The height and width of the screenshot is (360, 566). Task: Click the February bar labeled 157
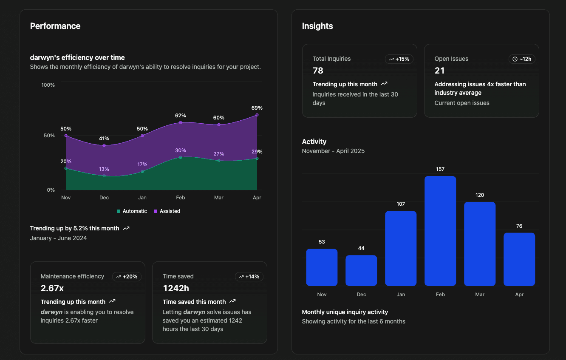coord(440,231)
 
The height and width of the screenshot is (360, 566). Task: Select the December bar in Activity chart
coord(361,270)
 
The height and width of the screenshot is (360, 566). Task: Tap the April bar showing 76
coord(519,259)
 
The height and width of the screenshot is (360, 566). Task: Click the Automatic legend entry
coord(132,211)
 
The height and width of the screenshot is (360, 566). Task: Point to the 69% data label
coord(257,108)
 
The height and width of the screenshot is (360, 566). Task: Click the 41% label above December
coord(104,139)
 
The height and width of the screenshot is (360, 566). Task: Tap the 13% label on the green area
coord(104,169)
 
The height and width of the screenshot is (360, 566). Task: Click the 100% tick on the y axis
coord(48,85)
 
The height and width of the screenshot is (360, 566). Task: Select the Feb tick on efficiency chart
coord(181,198)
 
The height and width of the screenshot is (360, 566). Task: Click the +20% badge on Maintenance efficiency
coord(127,277)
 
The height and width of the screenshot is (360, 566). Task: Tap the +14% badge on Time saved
coord(249,277)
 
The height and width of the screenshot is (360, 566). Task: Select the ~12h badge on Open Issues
coord(522,59)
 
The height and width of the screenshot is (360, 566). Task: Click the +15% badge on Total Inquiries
coord(399,59)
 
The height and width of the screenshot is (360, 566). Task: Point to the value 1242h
coord(176,288)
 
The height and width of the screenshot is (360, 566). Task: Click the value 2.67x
coord(52,288)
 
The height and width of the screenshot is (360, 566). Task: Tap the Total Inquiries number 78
coord(318,71)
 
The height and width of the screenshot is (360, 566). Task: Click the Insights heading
coord(317,26)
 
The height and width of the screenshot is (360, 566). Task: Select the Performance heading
coord(55,26)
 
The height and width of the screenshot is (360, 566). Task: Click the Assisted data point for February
coord(181,123)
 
